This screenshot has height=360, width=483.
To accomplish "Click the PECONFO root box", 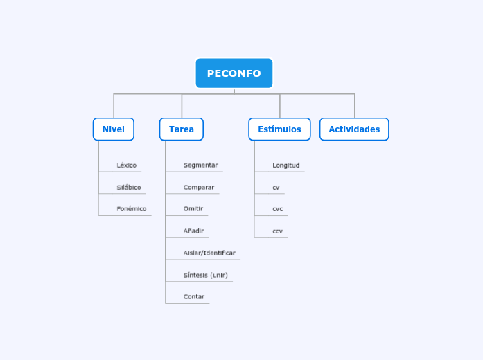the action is [234, 73].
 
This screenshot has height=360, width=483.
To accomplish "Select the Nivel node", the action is [114, 129].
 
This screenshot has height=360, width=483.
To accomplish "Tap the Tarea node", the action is [182, 129].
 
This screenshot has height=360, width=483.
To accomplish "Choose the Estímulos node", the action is [279, 129].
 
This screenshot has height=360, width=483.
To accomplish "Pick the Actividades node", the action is [354, 129].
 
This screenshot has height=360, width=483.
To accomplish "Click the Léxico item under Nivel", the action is [127, 165].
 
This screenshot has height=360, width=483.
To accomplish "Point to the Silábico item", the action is [129, 188].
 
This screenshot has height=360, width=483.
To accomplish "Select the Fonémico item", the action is [132, 209].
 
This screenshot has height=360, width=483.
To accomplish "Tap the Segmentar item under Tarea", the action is [200, 165].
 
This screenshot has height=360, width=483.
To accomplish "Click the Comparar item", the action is [199, 188].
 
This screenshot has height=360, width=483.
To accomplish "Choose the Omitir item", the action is [193, 209].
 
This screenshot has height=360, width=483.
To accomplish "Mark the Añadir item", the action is [193, 231].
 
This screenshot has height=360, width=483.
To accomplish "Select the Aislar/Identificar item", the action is [209, 253].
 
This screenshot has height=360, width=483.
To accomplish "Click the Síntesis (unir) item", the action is [205, 276].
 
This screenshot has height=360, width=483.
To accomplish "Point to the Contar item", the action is [194, 297].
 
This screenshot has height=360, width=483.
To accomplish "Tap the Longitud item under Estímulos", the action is [286, 165].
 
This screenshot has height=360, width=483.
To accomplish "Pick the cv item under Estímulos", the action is [276, 188].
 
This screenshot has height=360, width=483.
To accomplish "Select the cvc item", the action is [277, 209].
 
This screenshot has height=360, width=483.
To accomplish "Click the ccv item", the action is [277, 231].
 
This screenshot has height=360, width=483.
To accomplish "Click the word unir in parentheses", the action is [219, 276].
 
